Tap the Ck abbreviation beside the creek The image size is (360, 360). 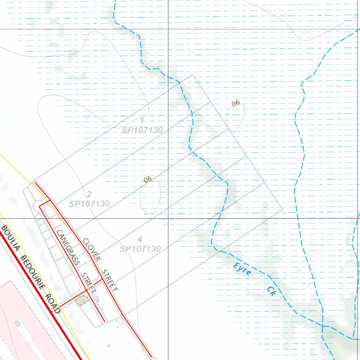[271, 291]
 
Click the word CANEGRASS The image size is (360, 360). [68, 247]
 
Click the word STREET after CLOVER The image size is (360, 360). [109, 280]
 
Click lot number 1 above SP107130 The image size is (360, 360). [142, 121]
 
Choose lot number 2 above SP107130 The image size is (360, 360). [89, 194]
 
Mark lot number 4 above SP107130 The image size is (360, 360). [140, 239]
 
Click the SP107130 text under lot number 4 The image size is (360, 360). [140, 249]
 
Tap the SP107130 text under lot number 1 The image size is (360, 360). [142, 130]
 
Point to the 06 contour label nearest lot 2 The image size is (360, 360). [148, 180]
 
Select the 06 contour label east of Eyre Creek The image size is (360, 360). [236, 103]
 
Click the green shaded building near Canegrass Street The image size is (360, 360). [83, 301]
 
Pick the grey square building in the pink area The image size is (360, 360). [17, 323]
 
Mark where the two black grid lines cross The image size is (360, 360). [168, 218]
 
